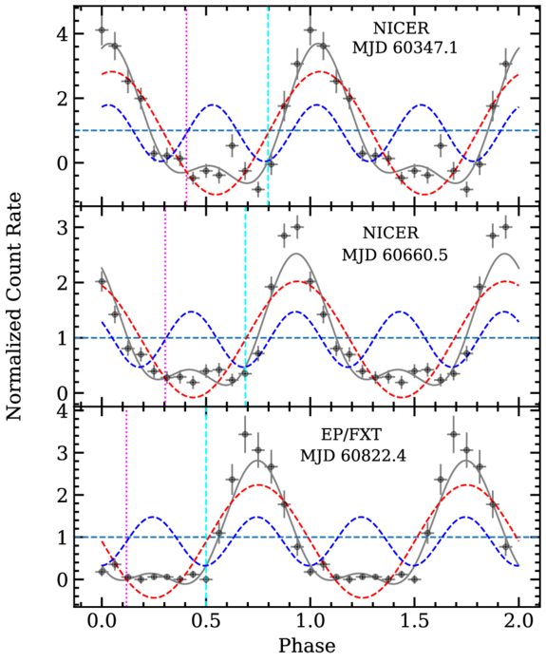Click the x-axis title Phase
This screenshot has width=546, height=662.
tap(307, 646)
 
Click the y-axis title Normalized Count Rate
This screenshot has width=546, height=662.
tap(14, 306)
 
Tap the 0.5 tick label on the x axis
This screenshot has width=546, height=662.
tap(206, 622)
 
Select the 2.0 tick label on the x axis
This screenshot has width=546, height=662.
tap(518, 622)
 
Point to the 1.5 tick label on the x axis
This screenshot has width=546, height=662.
tap(415, 622)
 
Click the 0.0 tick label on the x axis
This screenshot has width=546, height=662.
tap(102, 622)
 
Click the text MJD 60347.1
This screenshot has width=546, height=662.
tap(405, 47)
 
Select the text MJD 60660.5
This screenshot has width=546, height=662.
tap(394, 255)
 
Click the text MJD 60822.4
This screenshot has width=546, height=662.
tap(353, 456)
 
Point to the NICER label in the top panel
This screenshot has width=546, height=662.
tap(401, 28)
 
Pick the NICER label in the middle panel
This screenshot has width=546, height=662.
tap(390, 233)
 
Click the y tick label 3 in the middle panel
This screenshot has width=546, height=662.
tap(63, 228)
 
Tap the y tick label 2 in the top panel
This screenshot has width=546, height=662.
tap(63, 99)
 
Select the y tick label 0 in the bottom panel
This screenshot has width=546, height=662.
tap(63, 579)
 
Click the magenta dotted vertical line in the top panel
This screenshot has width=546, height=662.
tap(186, 106)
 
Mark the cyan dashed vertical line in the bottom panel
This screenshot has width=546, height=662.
tap(206, 507)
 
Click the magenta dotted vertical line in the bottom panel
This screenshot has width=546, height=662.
tap(126, 507)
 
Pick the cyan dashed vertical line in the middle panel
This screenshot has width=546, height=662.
tap(246, 307)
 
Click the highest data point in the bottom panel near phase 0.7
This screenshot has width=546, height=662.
tap(245, 434)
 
